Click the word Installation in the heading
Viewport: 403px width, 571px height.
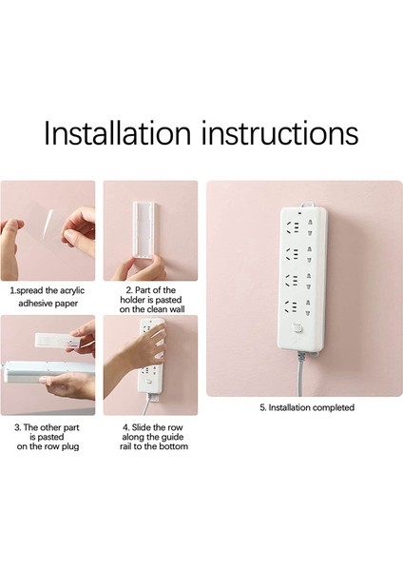click(117, 132)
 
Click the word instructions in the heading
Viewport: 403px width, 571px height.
click(279, 132)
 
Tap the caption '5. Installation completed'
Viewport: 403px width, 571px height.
click(307, 407)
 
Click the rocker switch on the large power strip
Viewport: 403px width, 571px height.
click(297, 329)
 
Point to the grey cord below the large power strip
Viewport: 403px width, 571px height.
click(300, 374)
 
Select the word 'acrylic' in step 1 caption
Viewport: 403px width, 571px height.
click(72, 290)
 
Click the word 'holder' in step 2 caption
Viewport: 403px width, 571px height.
click(133, 300)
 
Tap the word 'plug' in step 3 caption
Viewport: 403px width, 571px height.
click(69, 447)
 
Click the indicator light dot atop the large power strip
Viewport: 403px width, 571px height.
click(299, 213)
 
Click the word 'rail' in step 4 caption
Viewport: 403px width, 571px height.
click(125, 446)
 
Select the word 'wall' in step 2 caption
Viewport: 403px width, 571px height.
click(175, 309)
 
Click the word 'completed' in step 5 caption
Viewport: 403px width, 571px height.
click(334, 407)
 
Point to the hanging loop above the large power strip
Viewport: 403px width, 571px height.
click(308, 205)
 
